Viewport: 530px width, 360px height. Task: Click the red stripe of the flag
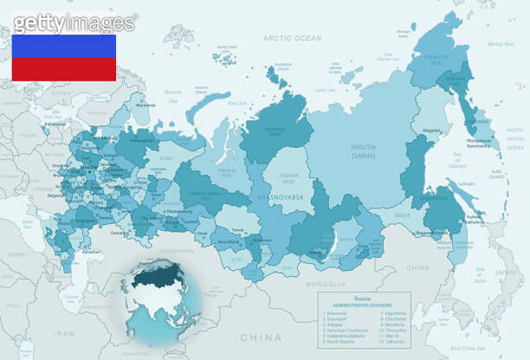pos(63,70)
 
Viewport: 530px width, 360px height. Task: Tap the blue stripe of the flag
pos(63,47)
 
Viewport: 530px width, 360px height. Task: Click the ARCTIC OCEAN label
pos(292,38)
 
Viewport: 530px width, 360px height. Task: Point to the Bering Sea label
pos(501,43)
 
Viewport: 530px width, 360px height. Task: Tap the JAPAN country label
pos(501,272)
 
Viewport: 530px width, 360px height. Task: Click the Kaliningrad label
pos(33,122)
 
